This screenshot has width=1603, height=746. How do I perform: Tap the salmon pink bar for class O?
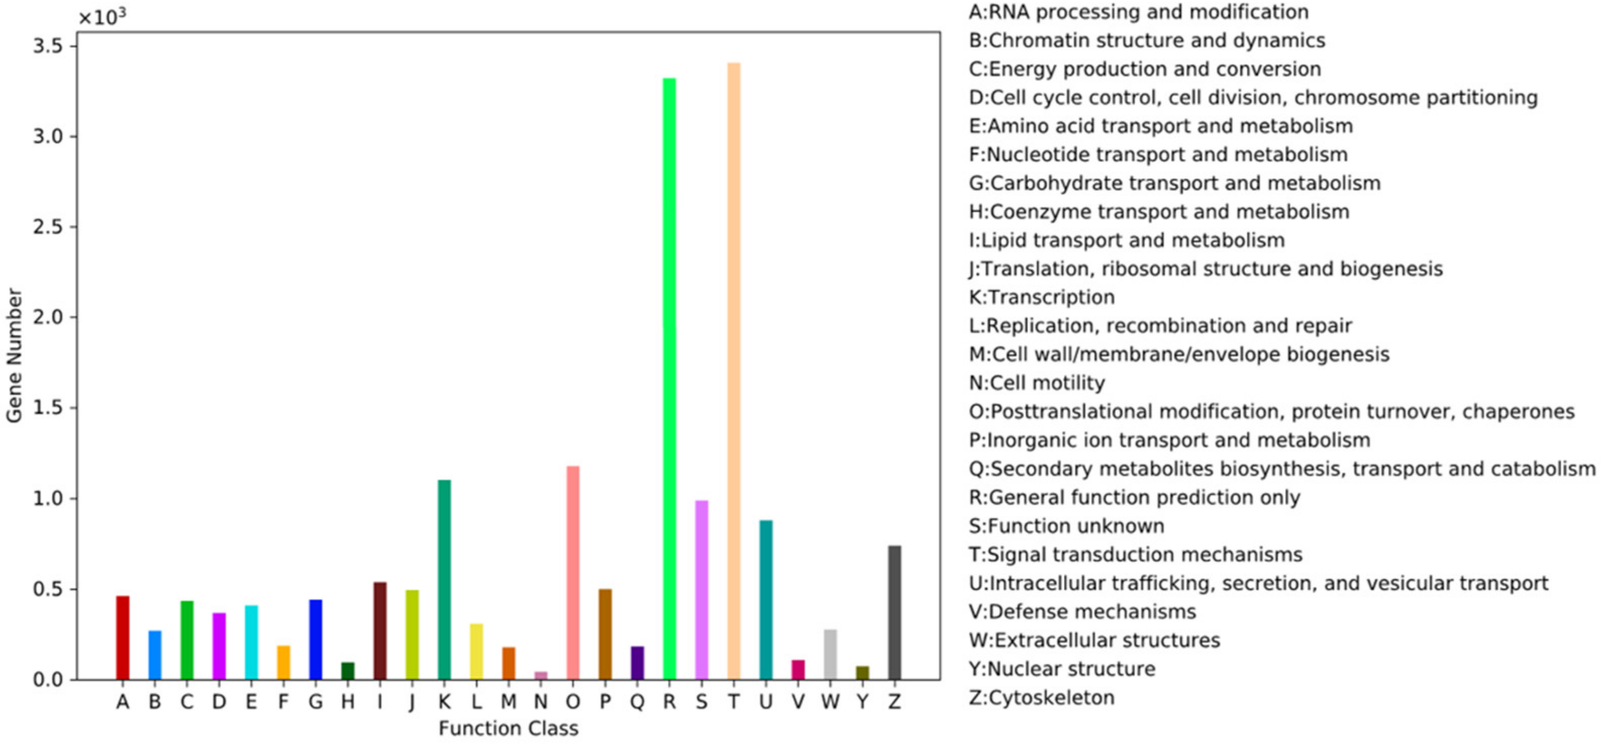tap(573, 572)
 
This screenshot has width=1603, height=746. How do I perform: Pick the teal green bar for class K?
tap(444, 579)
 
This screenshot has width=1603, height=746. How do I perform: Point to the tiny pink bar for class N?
tap(541, 675)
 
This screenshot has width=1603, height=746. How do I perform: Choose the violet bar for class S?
tap(702, 590)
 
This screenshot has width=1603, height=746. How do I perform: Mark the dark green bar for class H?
tap(348, 671)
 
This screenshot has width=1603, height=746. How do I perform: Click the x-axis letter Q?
tap(636, 703)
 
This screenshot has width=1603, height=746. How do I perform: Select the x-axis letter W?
tap(829, 703)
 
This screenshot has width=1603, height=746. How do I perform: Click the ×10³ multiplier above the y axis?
tap(102, 17)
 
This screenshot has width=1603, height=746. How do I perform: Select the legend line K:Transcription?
tap(1041, 297)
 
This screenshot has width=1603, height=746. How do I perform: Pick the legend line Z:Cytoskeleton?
tap(1041, 697)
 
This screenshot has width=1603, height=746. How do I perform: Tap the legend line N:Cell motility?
tap(1037, 383)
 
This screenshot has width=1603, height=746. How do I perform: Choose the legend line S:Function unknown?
tap(1066, 526)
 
